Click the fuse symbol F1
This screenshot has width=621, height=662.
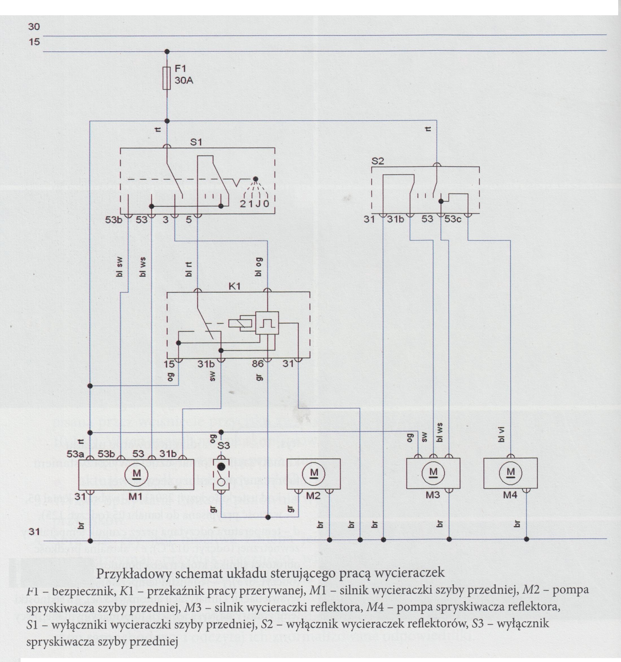click(167, 78)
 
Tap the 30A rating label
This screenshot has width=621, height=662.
click(184, 80)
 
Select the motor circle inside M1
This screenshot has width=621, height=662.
click(136, 474)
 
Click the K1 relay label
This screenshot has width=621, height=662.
click(234, 286)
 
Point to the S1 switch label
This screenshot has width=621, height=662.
click(196, 142)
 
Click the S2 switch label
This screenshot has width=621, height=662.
click(377, 161)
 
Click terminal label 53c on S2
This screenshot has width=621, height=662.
click(452, 219)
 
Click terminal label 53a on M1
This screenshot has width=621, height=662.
click(75, 454)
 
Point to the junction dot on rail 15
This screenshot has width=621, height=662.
click(167, 52)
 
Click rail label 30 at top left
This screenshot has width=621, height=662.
click(34, 27)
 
